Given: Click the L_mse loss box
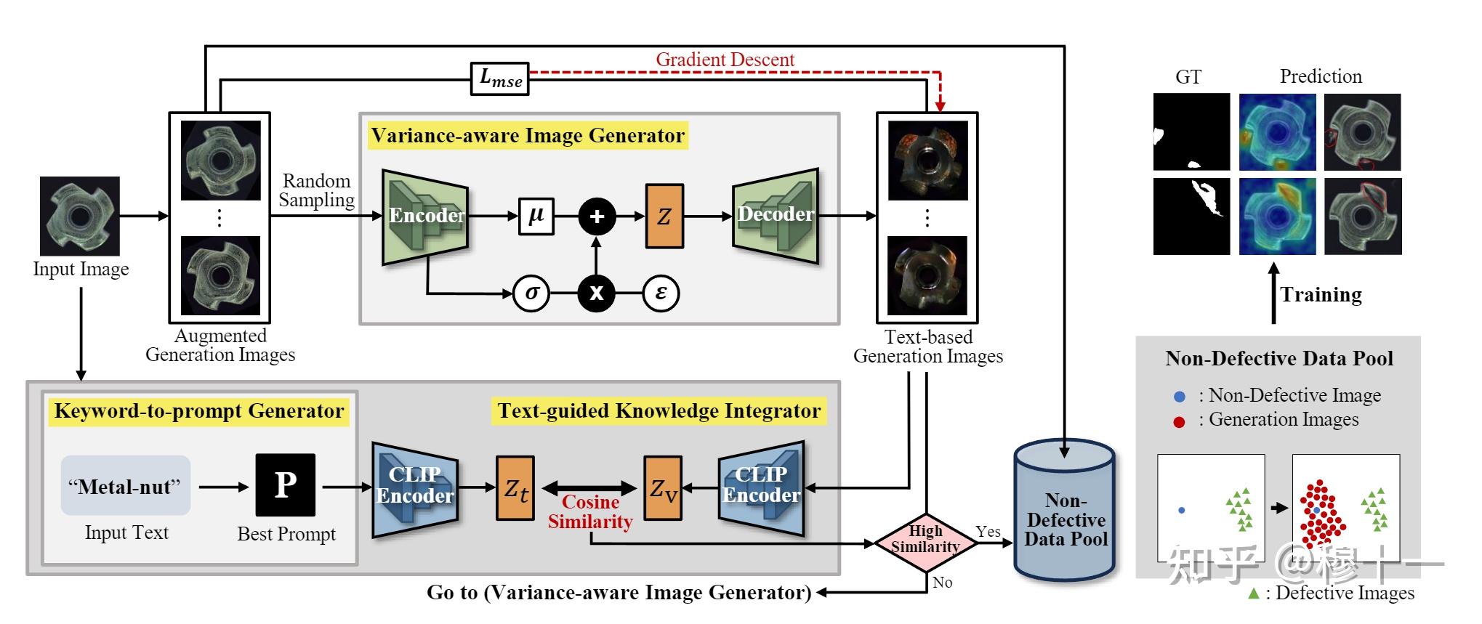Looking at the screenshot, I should coord(500,78).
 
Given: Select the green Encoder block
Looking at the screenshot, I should coord(425,216).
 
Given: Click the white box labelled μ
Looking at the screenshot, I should coord(536,216).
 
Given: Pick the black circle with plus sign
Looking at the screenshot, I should coord(597,216).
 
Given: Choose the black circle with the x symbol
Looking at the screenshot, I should coord(597,293).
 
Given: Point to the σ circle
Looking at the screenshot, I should coord(531,293).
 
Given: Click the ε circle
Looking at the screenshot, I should coord(661,293).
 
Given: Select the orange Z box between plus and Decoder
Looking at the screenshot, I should coord(664,216).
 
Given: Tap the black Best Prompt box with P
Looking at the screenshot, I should coord(286,485).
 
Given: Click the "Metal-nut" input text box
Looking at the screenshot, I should coord(126,485).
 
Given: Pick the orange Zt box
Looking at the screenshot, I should coord(515,488).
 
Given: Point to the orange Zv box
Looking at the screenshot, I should coord(663,488).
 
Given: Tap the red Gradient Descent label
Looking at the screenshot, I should coord(725,60).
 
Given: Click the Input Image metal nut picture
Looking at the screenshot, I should coord(80,216).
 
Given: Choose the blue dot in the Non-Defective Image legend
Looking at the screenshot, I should coord(1180,397).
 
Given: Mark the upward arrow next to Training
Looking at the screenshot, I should coord(1273,293).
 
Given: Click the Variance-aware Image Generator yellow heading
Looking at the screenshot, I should coord(528,136).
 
